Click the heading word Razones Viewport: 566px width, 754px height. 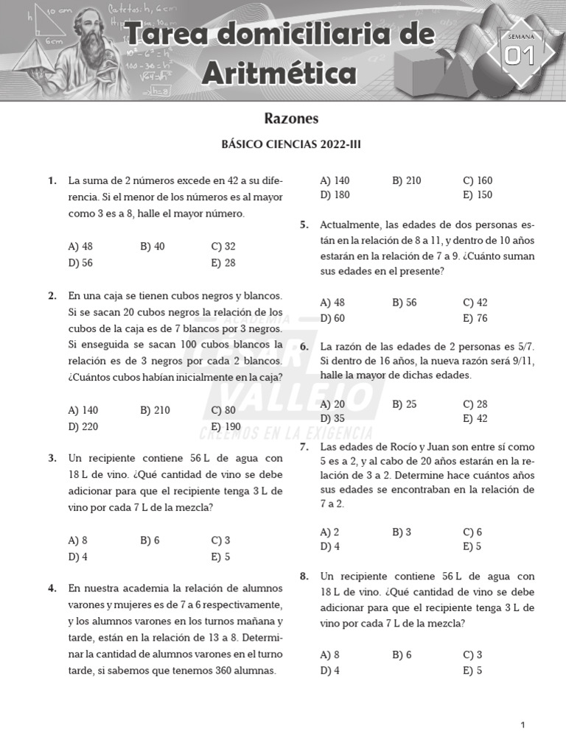pos(291,119)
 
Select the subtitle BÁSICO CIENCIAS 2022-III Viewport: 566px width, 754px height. pos(291,145)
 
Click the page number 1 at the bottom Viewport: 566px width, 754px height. pos(523,725)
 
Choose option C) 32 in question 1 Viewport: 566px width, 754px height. pos(223,247)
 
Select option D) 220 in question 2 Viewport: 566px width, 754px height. pos(83,426)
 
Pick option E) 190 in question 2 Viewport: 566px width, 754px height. pos(226,426)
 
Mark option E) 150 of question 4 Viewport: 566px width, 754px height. pos(478,195)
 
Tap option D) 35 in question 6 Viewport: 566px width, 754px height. pos(332,419)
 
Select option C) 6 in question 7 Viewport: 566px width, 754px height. pos(472,532)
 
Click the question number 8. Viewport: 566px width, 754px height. pos(304,577)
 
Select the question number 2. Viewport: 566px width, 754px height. pos(52,296)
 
